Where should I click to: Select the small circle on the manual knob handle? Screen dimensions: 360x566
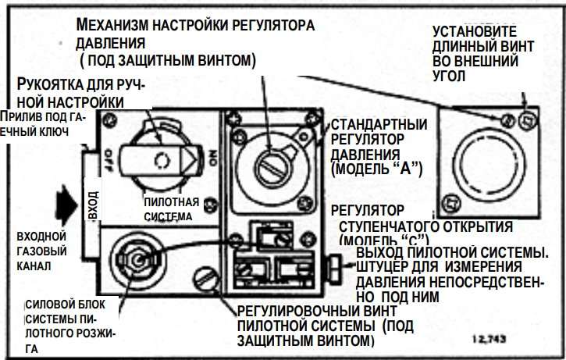pos(162,162)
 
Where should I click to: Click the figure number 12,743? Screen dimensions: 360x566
pos(490,340)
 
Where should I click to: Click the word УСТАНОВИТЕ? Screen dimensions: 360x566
pos(474,32)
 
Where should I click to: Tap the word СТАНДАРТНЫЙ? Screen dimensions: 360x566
pos(379,125)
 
